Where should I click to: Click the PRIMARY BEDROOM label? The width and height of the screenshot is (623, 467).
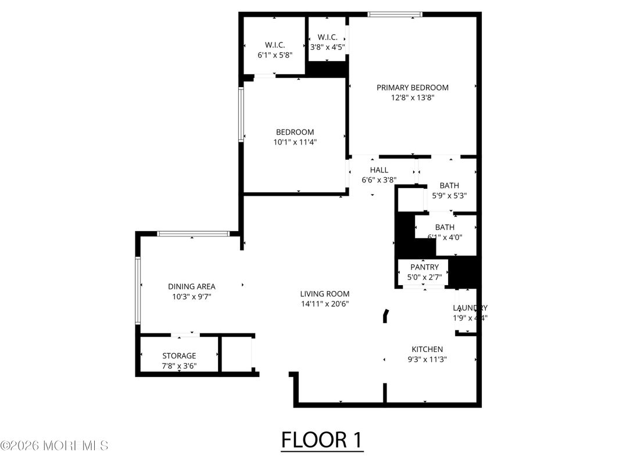412,88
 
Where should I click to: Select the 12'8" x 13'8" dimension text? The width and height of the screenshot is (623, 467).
412,98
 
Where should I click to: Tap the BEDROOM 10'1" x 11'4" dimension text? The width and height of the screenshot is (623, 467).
295,142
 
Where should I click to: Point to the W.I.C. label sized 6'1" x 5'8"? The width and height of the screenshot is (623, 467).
274,45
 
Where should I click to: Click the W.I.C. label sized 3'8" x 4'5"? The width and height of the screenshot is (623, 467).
327,38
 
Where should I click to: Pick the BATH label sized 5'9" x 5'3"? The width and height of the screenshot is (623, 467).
449,186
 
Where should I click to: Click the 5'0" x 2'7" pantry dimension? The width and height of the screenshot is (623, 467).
424,278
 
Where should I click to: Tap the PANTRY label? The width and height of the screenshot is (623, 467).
424,267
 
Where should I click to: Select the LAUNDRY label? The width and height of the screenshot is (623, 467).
470,308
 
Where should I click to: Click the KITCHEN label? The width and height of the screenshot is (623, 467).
427,349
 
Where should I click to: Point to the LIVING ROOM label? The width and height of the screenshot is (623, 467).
324,294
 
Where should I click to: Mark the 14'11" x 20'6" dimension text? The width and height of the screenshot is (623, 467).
324,304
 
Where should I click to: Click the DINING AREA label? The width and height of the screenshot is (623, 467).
191,286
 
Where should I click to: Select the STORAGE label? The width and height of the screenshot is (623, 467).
179,355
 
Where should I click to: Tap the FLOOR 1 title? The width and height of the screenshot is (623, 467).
322,440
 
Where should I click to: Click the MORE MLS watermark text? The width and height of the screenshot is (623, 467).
55,446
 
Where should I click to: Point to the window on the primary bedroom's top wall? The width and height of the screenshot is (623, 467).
395,15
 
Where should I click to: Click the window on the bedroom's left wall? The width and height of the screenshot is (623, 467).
241,114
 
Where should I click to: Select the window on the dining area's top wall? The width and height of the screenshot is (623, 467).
193,233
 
